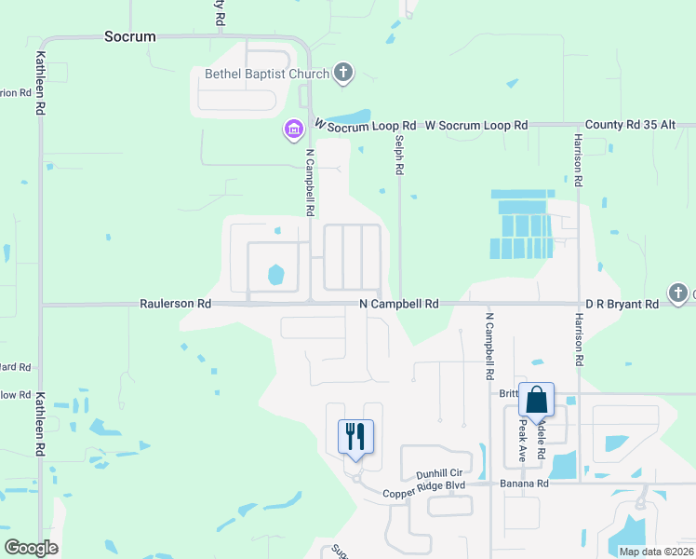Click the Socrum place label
coord(129,37)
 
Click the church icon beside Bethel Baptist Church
coord(343,72)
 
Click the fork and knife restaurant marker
coord(355,436)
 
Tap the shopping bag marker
coord(537,400)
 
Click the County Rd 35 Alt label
coord(636,125)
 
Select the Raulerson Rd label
coord(176,304)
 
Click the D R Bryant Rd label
coord(622,304)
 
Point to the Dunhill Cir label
coord(439,473)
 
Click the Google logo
coord(32,548)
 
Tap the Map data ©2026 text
coord(655,551)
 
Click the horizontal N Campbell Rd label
coord(398,304)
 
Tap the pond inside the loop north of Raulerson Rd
coord(275,275)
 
